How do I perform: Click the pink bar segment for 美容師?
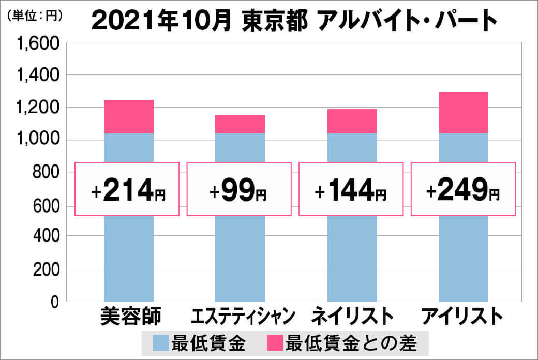click(x=129, y=116)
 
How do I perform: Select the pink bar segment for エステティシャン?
click(x=240, y=124)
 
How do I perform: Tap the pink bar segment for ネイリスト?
click(x=352, y=121)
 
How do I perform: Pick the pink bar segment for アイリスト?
click(x=463, y=112)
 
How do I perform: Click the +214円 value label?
click(x=127, y=189)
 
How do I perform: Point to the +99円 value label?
click(x=238, y=189)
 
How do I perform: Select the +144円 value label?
click(x=351, y=189)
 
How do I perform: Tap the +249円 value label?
click(x=463, y=189)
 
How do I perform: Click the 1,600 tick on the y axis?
click(x=39, y=44)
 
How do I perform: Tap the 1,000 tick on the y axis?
click(x=39, y=140)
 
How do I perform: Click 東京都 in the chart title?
click(x=275, y=20)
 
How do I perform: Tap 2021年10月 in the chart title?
click(x=160, y=20)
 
